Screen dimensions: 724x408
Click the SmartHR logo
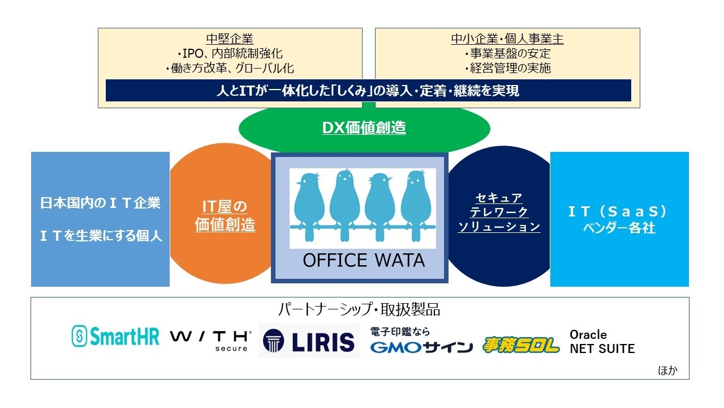coord(115,336)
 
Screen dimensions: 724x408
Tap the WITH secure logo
coord(211,341)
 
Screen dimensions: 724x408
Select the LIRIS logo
coord(309,341)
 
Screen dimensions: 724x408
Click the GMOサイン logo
coord(421,340)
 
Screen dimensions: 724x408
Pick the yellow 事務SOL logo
coord(521,345)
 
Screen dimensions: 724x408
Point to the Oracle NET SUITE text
coord(602,342)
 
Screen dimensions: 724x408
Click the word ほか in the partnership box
coord(667,370)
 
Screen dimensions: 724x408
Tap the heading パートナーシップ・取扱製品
coord(359,309)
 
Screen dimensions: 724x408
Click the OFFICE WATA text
coord(364,260)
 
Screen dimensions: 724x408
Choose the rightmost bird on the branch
coord(416,206)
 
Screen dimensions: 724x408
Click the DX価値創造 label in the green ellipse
coord(364,127)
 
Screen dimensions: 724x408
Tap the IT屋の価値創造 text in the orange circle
coord(225,216)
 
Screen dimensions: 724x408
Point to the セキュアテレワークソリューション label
coord(499,212)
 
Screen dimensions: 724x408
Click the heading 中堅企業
coord(230,39)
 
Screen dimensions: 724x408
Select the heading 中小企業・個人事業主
coord(507,39)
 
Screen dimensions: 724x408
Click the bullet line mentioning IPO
coord(230,53)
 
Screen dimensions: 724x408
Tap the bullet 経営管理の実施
coord(507,68)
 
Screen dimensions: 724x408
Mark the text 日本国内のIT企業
coord(100,203)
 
